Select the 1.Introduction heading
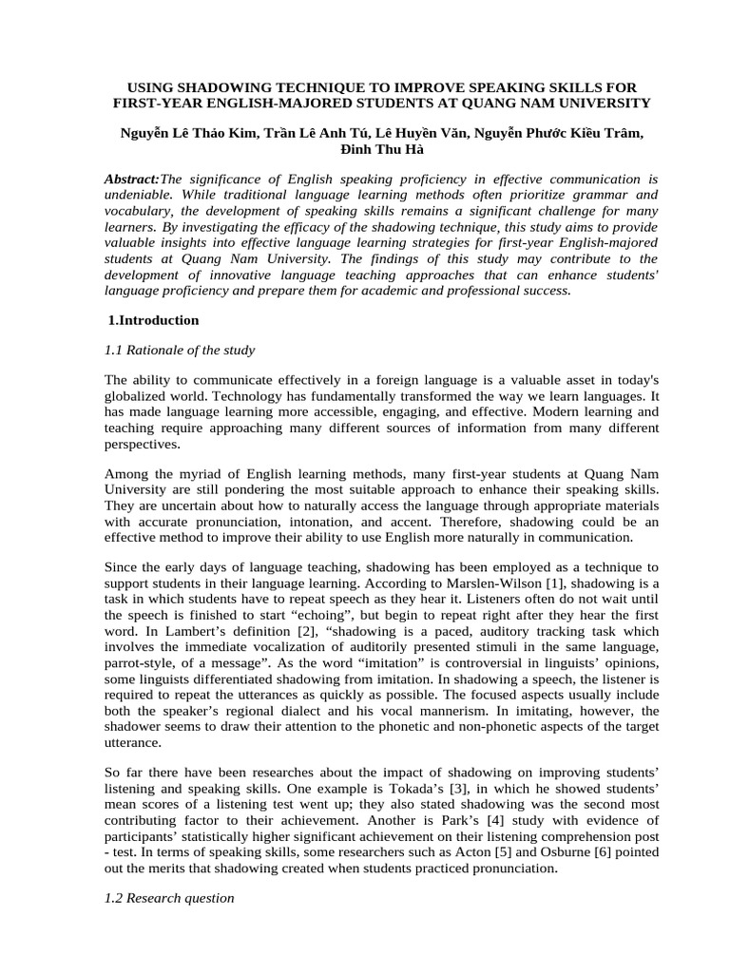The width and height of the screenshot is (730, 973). (x=153, y=320)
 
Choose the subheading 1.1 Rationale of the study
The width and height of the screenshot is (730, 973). (x=180, y=350)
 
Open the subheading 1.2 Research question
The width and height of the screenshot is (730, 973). (x=169, y=897)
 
